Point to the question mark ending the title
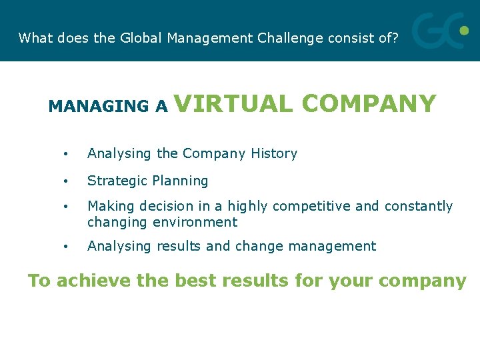point(395,38)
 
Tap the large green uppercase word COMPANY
point(369,104)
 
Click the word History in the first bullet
point(273,153)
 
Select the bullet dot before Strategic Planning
point(66,181)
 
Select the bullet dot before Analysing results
point(66,247)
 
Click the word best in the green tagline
point(198,281)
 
